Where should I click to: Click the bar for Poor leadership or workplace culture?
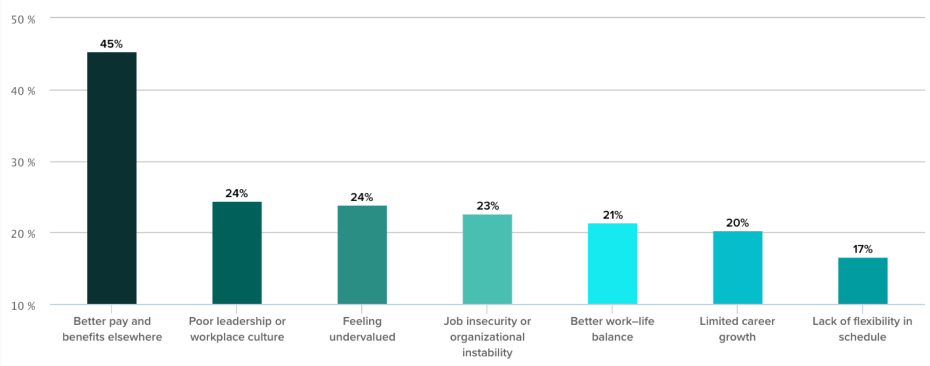coord(237,253)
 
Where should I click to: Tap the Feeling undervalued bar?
coord(362,255)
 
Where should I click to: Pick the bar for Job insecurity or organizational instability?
coord(487,259)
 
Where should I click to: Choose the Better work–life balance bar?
coord(612,263)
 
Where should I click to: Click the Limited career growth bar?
coord(737,267)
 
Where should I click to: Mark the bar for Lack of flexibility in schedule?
coord(863,281)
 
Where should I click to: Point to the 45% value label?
coord(111,44)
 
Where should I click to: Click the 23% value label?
coord(488,206)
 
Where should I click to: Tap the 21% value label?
coord(612,215)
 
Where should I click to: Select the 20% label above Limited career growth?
coord(737,223)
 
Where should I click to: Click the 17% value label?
coord(863,249)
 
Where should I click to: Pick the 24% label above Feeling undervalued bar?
coord(362,197)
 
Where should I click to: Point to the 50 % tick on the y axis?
coord(23,20)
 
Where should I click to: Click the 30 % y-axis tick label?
coord(23,163)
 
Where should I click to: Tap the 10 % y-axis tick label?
coord(23,306)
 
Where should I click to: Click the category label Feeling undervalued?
coord(362,329)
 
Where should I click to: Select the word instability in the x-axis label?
coord(487,353)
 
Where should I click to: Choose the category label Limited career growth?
coord(737,329)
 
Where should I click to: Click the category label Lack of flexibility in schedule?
coord(862,329)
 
